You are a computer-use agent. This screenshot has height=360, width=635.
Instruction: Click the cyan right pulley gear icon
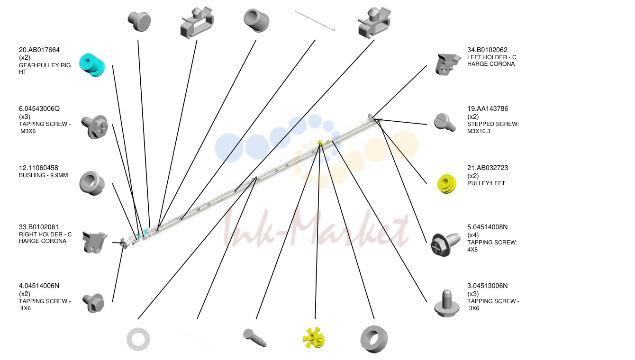(x=92, y=65)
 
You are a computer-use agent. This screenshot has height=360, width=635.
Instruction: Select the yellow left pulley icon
(x=447, y=184)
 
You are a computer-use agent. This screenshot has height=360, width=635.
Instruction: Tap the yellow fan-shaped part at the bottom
(x=313, y=338)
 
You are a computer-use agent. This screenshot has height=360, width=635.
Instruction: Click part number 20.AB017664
(x=39, y=50)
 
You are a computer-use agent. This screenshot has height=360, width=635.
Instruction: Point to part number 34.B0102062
(x=487, y=50)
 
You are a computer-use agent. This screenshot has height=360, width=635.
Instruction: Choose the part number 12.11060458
(x=38, y=168)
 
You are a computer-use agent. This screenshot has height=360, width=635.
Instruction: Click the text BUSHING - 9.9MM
(x=44, y=175)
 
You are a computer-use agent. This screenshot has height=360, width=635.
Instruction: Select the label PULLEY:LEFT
(x=486, y=183)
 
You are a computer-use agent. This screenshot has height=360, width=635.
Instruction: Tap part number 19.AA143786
(x=488, y=108)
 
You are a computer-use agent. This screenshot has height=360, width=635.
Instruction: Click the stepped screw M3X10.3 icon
(x=444, y=122)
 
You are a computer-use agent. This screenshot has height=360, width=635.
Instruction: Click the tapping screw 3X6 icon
(x=447, y=303)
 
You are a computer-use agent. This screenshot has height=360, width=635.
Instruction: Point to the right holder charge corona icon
(x=94, y=242)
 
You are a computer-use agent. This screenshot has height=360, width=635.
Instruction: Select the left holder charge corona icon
(x=447, y=64)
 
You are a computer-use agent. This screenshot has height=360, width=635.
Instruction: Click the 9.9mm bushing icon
(x=92, y=183)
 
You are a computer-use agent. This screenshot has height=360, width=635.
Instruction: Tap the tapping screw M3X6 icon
(x=95, y=126)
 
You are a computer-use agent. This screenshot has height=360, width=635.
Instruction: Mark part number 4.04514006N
(x=39, y=286)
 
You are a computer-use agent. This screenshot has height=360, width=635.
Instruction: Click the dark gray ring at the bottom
(x=374, y=339)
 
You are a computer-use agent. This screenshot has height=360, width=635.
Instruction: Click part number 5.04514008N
(x=487, y=227)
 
